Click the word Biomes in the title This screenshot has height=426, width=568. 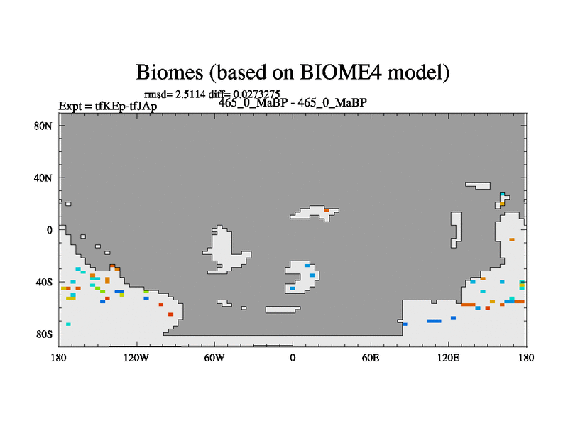[x=170, y=72]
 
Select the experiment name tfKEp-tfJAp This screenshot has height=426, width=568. [x=126, y=106]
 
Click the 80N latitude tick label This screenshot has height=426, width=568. [x=43, y=126]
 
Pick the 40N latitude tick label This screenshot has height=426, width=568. [x=43, y=178]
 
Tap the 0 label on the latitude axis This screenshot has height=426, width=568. [x=49, y=230]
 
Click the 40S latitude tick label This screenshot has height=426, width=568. [x=44, y=282]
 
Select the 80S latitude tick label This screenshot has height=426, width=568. [x=44, y=334]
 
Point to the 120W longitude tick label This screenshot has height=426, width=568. [x=136, y=358]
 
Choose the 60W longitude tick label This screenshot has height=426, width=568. [x=214, y=358]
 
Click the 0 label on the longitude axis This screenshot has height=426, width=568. [x=293, y=358]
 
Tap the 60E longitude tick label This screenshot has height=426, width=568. [x=371, y=358]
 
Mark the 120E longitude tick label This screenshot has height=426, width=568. [x=449, y=358]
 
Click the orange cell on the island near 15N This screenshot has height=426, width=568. [x=327, y=210]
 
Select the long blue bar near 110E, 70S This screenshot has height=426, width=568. [x=434, y=321]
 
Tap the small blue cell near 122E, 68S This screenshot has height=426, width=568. [x=453, y=317]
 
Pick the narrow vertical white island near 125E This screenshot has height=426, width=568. [x=456, y=229]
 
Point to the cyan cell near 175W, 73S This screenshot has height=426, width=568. [x=68, y=324]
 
